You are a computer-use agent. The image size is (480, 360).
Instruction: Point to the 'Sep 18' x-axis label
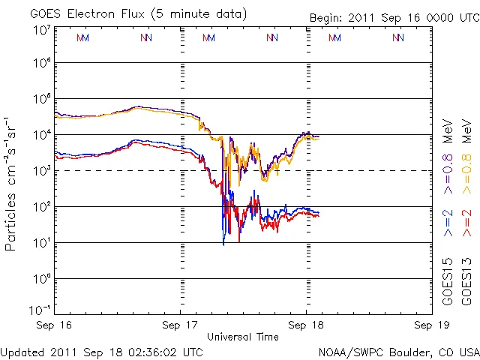click(306, 326)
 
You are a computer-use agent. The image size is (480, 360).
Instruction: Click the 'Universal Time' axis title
click(243, 337)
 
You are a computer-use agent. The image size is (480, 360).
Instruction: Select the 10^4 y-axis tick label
click(41, 135)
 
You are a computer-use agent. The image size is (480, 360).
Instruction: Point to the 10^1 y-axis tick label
click(41, 242)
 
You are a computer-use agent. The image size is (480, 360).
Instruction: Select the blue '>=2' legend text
click(448, 223)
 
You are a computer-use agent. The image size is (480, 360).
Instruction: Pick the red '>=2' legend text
click(466, 223)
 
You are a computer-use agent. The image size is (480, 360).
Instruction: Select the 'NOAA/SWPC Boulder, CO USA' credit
click(398, 351)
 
